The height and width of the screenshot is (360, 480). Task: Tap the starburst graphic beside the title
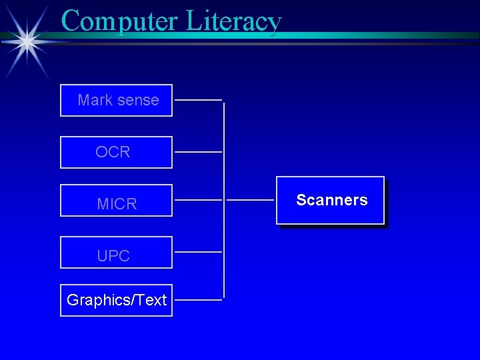coord(27,41)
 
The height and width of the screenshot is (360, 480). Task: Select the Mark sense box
coord(116,100)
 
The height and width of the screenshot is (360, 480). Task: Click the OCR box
coord(116,152)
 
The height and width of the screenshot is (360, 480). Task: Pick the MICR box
coord(116,201)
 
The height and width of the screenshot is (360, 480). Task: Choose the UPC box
coord(116,252)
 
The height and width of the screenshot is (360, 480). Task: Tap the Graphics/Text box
coord(116,300)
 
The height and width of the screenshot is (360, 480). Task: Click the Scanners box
coord(331,200)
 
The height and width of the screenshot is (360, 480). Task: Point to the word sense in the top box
coord(137,100)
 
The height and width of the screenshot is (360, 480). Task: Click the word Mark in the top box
coord(95,100)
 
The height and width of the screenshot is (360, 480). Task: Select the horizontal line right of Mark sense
coord(198,100)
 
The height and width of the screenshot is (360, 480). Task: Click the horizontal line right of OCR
coord(198,152)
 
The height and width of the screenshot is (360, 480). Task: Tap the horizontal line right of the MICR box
coord(198,200)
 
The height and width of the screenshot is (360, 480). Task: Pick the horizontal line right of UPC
coord(198,252)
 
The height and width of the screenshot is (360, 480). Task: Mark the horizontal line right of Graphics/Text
coord(198,300)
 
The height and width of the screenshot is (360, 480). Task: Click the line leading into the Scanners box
coord(250,200)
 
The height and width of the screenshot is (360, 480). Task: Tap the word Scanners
coord(331,200)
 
